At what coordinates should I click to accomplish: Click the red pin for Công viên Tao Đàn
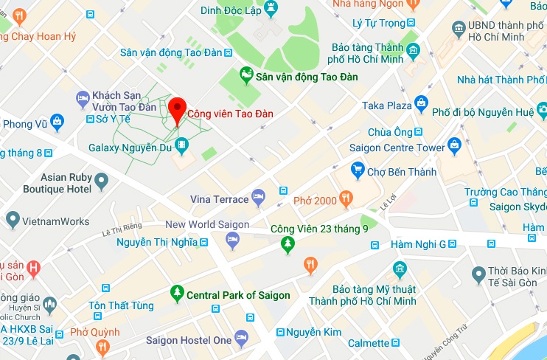click(176, 110)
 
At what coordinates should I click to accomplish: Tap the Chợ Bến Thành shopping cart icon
click(358, 171)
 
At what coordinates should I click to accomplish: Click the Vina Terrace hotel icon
click(258, 197)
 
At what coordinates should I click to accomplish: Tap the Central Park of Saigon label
click(238, 295)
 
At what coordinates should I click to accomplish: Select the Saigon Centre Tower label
click(397, 148)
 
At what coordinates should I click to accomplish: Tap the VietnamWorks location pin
click(13, 219)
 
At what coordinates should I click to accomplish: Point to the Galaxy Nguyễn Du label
click(130, 148)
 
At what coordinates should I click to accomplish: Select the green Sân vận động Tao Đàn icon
click(245, 76)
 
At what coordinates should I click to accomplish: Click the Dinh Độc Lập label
click(232, 10)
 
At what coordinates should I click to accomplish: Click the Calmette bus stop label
click(368, 343)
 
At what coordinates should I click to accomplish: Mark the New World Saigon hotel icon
click(233, 240)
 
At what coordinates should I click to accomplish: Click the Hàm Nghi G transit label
click(419, 244)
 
